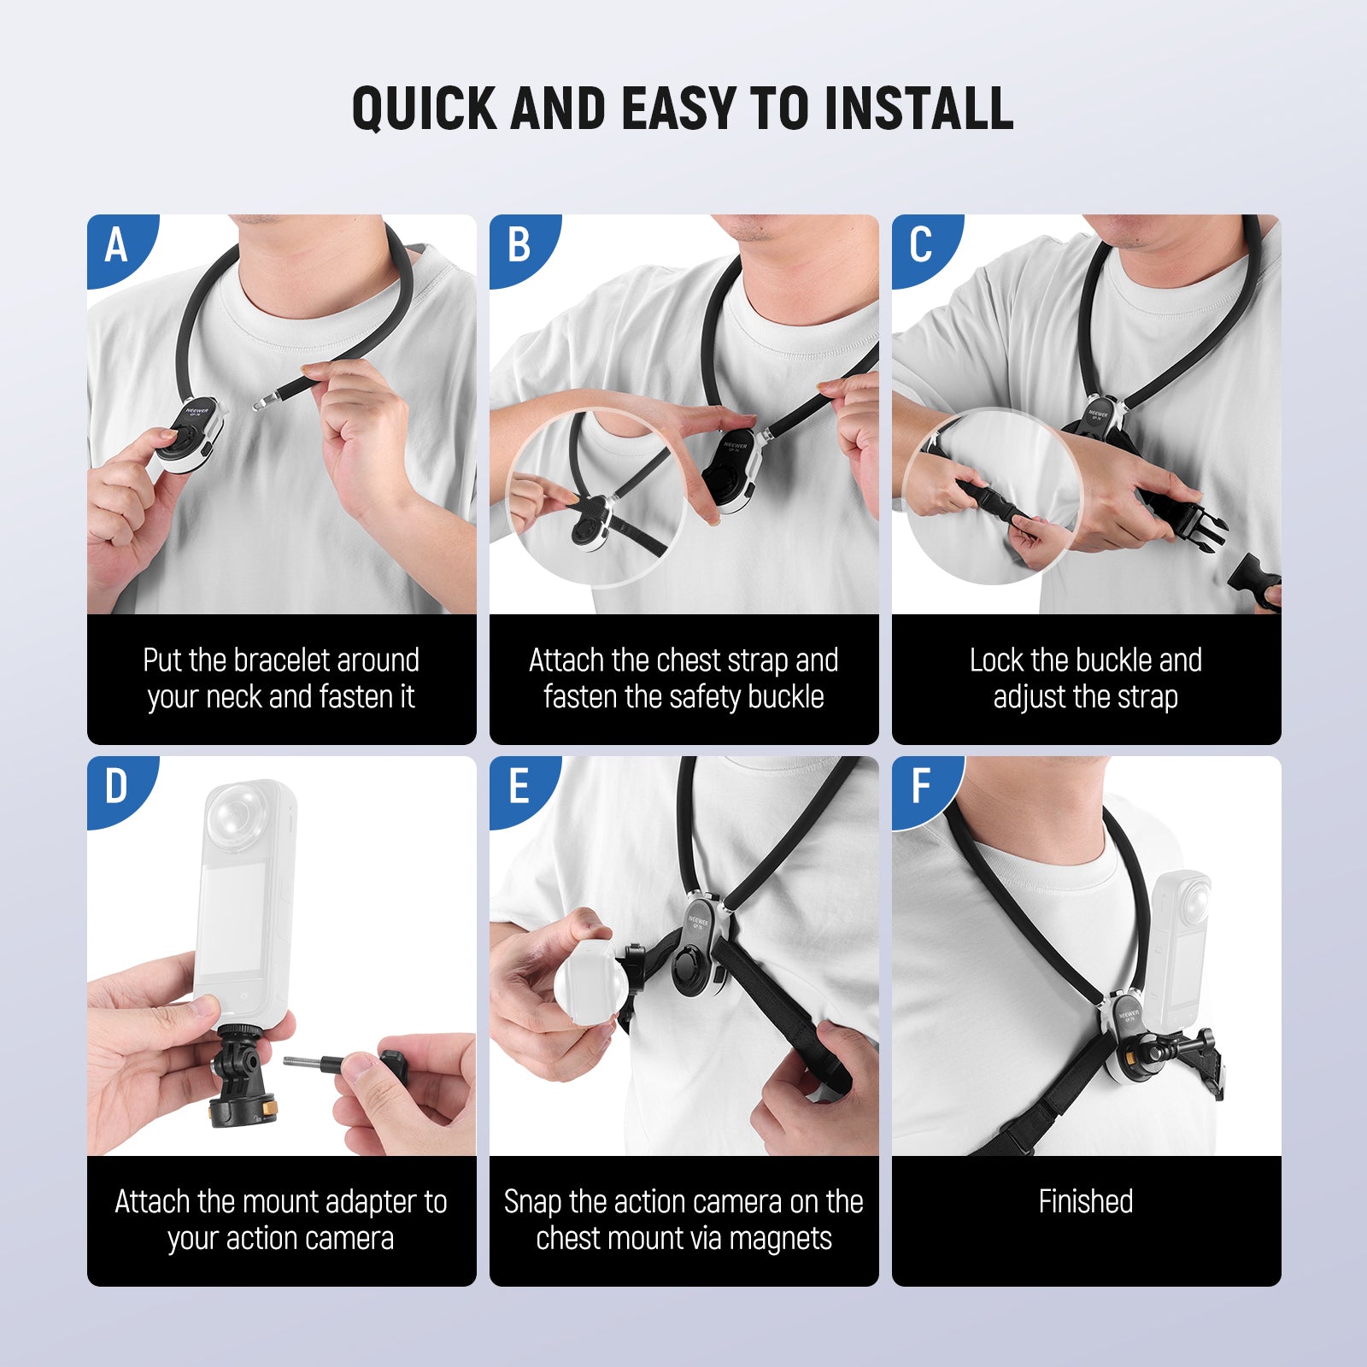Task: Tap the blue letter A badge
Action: click(x=117, y=246)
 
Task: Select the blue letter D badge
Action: click(x=117, y=787)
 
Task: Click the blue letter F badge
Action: click(x=921, y=787)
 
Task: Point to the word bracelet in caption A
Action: click(x=281, y=660)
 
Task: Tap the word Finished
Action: click(x=1085, y=1202)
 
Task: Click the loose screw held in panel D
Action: click(x=313, y=1064)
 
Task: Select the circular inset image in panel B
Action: click(x=596, y=497)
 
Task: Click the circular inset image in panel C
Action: click(x=991, y=497)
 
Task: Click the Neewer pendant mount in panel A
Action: click(x=195, y=434)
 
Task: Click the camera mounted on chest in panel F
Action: click(x=1179, y=948)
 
